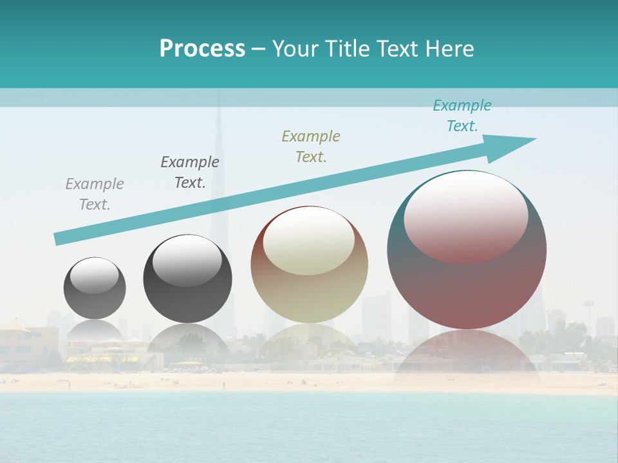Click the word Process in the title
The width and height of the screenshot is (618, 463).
point(202,49)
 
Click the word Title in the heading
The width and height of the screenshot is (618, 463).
point(348,49)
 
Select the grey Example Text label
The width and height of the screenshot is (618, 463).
point(95,194)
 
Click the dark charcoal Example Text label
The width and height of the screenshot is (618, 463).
point(190,172)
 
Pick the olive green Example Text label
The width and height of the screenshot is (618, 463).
point(311,146)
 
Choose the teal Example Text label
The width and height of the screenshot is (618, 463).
point(462,116)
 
